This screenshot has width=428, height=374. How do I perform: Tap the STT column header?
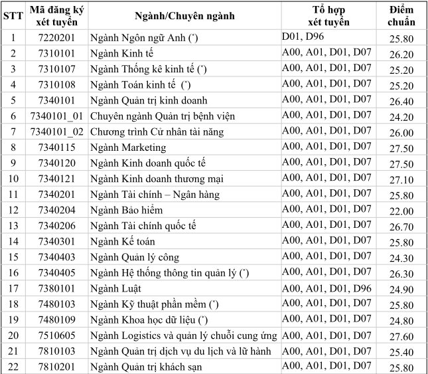pos(13,15)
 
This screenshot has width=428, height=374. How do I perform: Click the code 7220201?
pos(56,38)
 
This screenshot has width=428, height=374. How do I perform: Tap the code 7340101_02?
pos(56,132)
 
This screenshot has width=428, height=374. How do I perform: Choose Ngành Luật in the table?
pos(117,289)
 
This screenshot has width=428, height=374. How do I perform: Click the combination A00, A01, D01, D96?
pos(326,288)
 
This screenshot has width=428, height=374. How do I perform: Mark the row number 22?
pos(13,367)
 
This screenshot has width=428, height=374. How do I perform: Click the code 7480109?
pos(56,321)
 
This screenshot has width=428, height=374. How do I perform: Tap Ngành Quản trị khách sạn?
pos(146,367)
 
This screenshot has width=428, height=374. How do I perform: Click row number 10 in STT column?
pos(13,179)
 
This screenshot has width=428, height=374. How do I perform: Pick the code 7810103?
pos(56,351)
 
